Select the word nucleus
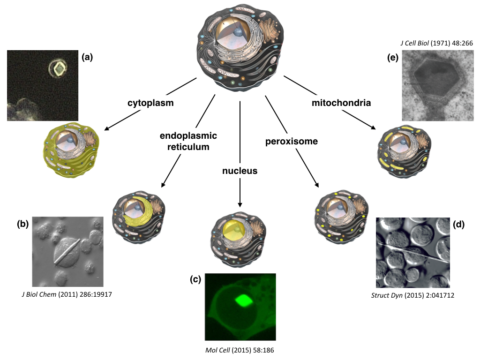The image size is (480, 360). point(240,171)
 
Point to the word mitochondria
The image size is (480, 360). point(341,103)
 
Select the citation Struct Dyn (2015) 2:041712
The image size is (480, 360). point(413,295)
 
